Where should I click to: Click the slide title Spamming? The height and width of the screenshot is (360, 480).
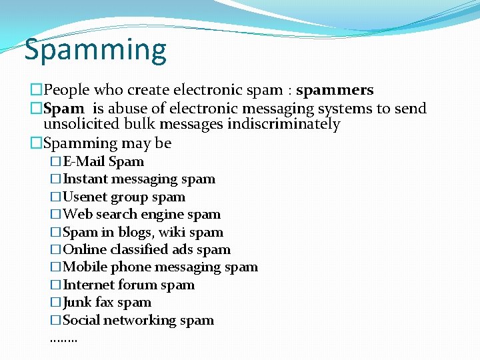[x=95, y=51]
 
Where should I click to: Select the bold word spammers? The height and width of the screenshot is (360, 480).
[x=335, y=90]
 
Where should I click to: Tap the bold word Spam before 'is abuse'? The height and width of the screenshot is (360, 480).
[x=64, y=109]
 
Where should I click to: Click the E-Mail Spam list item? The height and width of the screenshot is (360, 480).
[x=103, y=161]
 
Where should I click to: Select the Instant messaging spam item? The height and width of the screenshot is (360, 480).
[x=139, y=179]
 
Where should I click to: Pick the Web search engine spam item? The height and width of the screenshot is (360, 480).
[x=141, y=215]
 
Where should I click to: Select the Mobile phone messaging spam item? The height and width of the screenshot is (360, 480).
[x=160, y=267]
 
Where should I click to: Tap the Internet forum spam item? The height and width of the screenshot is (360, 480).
[x=128, y=285]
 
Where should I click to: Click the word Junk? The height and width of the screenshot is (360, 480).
[x=78, y=303]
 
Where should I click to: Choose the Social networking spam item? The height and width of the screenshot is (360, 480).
[x=138, y=321]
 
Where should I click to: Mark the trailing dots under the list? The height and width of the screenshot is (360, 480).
[x=63, y=339]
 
